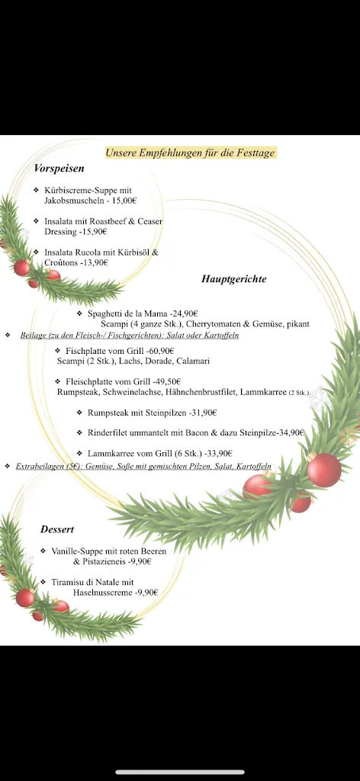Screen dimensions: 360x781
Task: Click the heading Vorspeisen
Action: [x=59, y=168]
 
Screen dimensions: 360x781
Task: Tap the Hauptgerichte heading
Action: [x=233, y=279]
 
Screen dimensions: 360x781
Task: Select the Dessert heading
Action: [x=57, y=529]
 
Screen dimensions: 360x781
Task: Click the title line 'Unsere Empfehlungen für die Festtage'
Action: [x=190, y=153]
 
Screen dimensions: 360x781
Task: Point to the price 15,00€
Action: [x=124, y=201]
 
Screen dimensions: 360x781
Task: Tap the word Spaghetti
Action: [x=106, y=313]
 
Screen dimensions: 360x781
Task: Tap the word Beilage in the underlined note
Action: [x=34, y=335]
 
